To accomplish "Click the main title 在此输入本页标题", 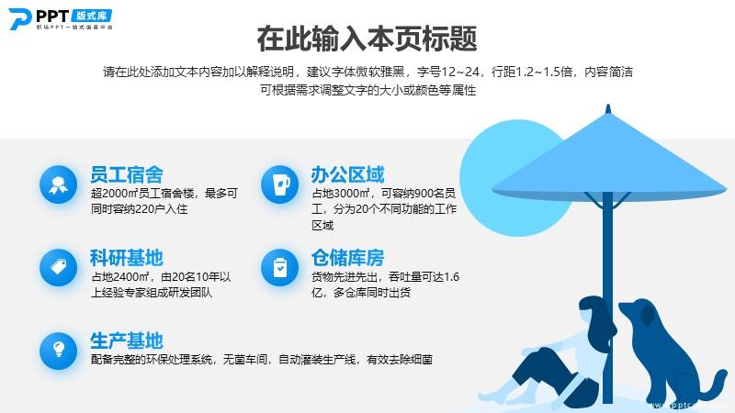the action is click(x=367, y=39).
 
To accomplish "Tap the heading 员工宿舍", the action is click(x=127, y=174).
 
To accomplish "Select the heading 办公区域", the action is click(x=348, y=174).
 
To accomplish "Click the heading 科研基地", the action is click(x=127, y=258).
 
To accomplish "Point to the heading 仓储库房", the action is click(x=348, y=258).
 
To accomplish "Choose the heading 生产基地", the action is click(x=127, y=340).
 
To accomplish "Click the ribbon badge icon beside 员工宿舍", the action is click(x=58, y=184).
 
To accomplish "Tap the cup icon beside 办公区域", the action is click(x=280, y=184).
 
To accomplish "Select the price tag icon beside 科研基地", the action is click(x=58, y=267).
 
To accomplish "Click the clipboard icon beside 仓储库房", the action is click(x=280, y=267).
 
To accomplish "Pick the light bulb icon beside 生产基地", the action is click(x=58, y=351).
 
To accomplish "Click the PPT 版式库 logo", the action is click(x=61, y=19).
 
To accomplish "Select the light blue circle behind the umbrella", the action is click(x=511, y=178).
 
